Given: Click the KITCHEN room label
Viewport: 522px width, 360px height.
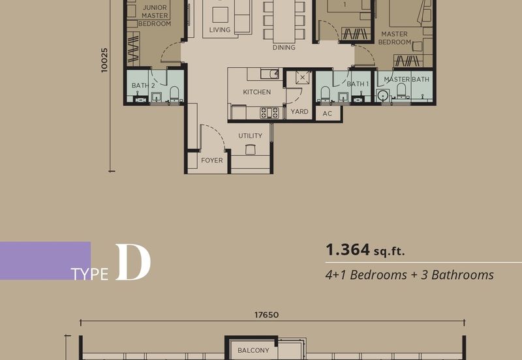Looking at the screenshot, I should click(256, 92).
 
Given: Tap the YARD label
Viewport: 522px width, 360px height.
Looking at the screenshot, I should click(299, 112).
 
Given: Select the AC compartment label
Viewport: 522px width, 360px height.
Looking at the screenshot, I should click(328, 113).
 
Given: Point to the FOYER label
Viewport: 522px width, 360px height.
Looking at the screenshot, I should click(211, 160).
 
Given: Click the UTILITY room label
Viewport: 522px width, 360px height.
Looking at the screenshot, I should click(250, 136).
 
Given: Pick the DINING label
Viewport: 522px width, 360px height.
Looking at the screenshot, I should click(284, 48).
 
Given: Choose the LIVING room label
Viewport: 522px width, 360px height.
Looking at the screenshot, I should click(219, 30).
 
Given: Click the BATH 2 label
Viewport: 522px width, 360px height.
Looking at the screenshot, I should click(143, 85).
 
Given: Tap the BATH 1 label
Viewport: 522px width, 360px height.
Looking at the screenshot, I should click(358, 84).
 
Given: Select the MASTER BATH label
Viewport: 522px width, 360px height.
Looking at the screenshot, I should click(407, 80).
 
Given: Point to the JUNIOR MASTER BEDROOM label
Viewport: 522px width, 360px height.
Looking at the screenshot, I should click(156, 16).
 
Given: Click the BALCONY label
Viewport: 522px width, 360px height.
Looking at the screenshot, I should click(253, 350).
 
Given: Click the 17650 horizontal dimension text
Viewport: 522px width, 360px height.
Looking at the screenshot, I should click(266, 314).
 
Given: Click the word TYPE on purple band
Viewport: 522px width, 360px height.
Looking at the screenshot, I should click(90, 274).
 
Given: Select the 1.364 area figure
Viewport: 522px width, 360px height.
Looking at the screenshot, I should click(347, 250).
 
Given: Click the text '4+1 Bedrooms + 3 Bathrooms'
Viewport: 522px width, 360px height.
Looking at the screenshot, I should click(409, 275).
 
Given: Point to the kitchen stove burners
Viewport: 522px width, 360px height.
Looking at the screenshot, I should click(270, 112).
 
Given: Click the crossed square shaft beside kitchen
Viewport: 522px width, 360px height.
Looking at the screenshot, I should click(302, 78).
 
